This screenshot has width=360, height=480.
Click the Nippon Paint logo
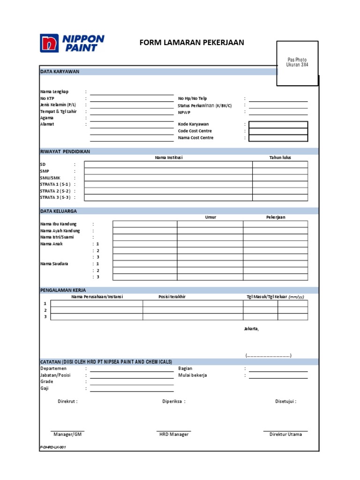72,43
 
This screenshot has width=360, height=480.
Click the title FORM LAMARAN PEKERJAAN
192,43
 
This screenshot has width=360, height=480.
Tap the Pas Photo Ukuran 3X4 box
297,63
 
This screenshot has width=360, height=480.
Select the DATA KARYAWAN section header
60,72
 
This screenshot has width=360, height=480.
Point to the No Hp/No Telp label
192,98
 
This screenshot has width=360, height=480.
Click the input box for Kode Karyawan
278,124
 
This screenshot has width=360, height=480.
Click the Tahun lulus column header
280,157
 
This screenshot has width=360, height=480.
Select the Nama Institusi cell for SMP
168,171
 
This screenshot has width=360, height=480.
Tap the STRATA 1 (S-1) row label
55,184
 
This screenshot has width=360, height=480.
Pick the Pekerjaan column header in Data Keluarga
276,217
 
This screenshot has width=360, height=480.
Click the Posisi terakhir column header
172,297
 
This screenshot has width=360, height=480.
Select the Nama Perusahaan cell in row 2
97,310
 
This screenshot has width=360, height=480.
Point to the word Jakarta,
251,329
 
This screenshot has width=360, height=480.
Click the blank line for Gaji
132,389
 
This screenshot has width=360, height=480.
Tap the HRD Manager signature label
174,435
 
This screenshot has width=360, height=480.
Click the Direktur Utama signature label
285,435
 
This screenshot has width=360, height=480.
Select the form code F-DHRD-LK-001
53,448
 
